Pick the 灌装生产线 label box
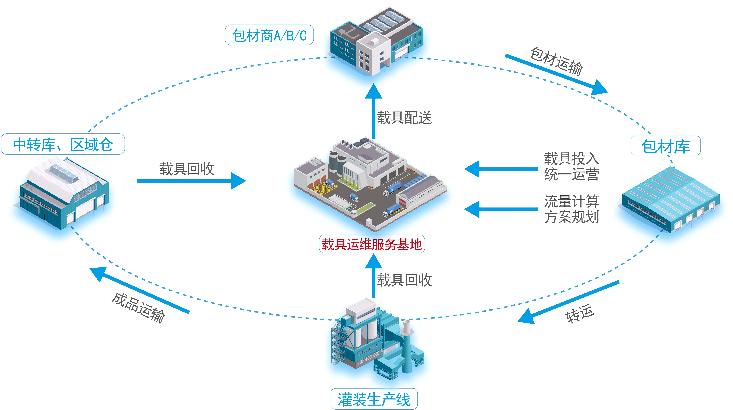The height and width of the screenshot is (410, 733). click(x=374, y=399)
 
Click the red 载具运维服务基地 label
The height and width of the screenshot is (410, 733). click(x=372, y=244)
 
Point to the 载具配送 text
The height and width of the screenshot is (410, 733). click(x=404, y=117)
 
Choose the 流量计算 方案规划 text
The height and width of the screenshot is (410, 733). click(x=571, y=209)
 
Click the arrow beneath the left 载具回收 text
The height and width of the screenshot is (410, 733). click(x=191, y=181)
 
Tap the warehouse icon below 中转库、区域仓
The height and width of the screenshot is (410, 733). click(x=64, y=194)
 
